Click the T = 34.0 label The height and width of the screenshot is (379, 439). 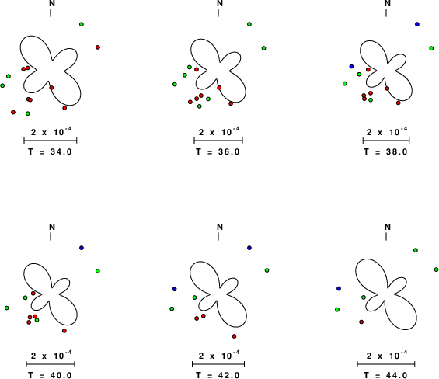tap(50, 151)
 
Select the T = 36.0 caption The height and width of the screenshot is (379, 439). tap(218, 151)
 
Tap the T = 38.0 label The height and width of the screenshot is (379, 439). tap(386, 151)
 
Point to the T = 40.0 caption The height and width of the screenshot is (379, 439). tap(50, 375)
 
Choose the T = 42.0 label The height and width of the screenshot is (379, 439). tap(218, 375)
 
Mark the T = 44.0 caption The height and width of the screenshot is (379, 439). tap(386, 375)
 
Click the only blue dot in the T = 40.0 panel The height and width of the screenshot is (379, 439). tap(82, 248)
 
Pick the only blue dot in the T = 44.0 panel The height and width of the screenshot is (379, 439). tap(339, 288)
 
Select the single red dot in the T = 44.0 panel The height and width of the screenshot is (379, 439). tap(361, 322)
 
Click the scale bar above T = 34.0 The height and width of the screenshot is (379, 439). tap(51, 141)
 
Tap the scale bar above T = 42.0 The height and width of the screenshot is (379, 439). tap(218, 364)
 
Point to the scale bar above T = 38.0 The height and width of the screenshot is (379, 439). tap(386, 141)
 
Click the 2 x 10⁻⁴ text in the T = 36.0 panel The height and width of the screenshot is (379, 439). tap(219, 131)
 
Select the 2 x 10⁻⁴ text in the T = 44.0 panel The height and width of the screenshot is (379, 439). tap(387, 355)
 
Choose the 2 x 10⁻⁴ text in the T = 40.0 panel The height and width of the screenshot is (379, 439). tap(51, 355)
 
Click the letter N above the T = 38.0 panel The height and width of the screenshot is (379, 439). tap(388, 3)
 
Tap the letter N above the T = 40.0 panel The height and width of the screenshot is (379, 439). tap(52, 227)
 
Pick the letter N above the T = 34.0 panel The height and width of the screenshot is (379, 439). tap(52, 3)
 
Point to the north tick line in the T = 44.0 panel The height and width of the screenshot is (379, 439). tap(386, 237)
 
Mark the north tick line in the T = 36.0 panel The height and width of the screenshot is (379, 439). tap(218, 13)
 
